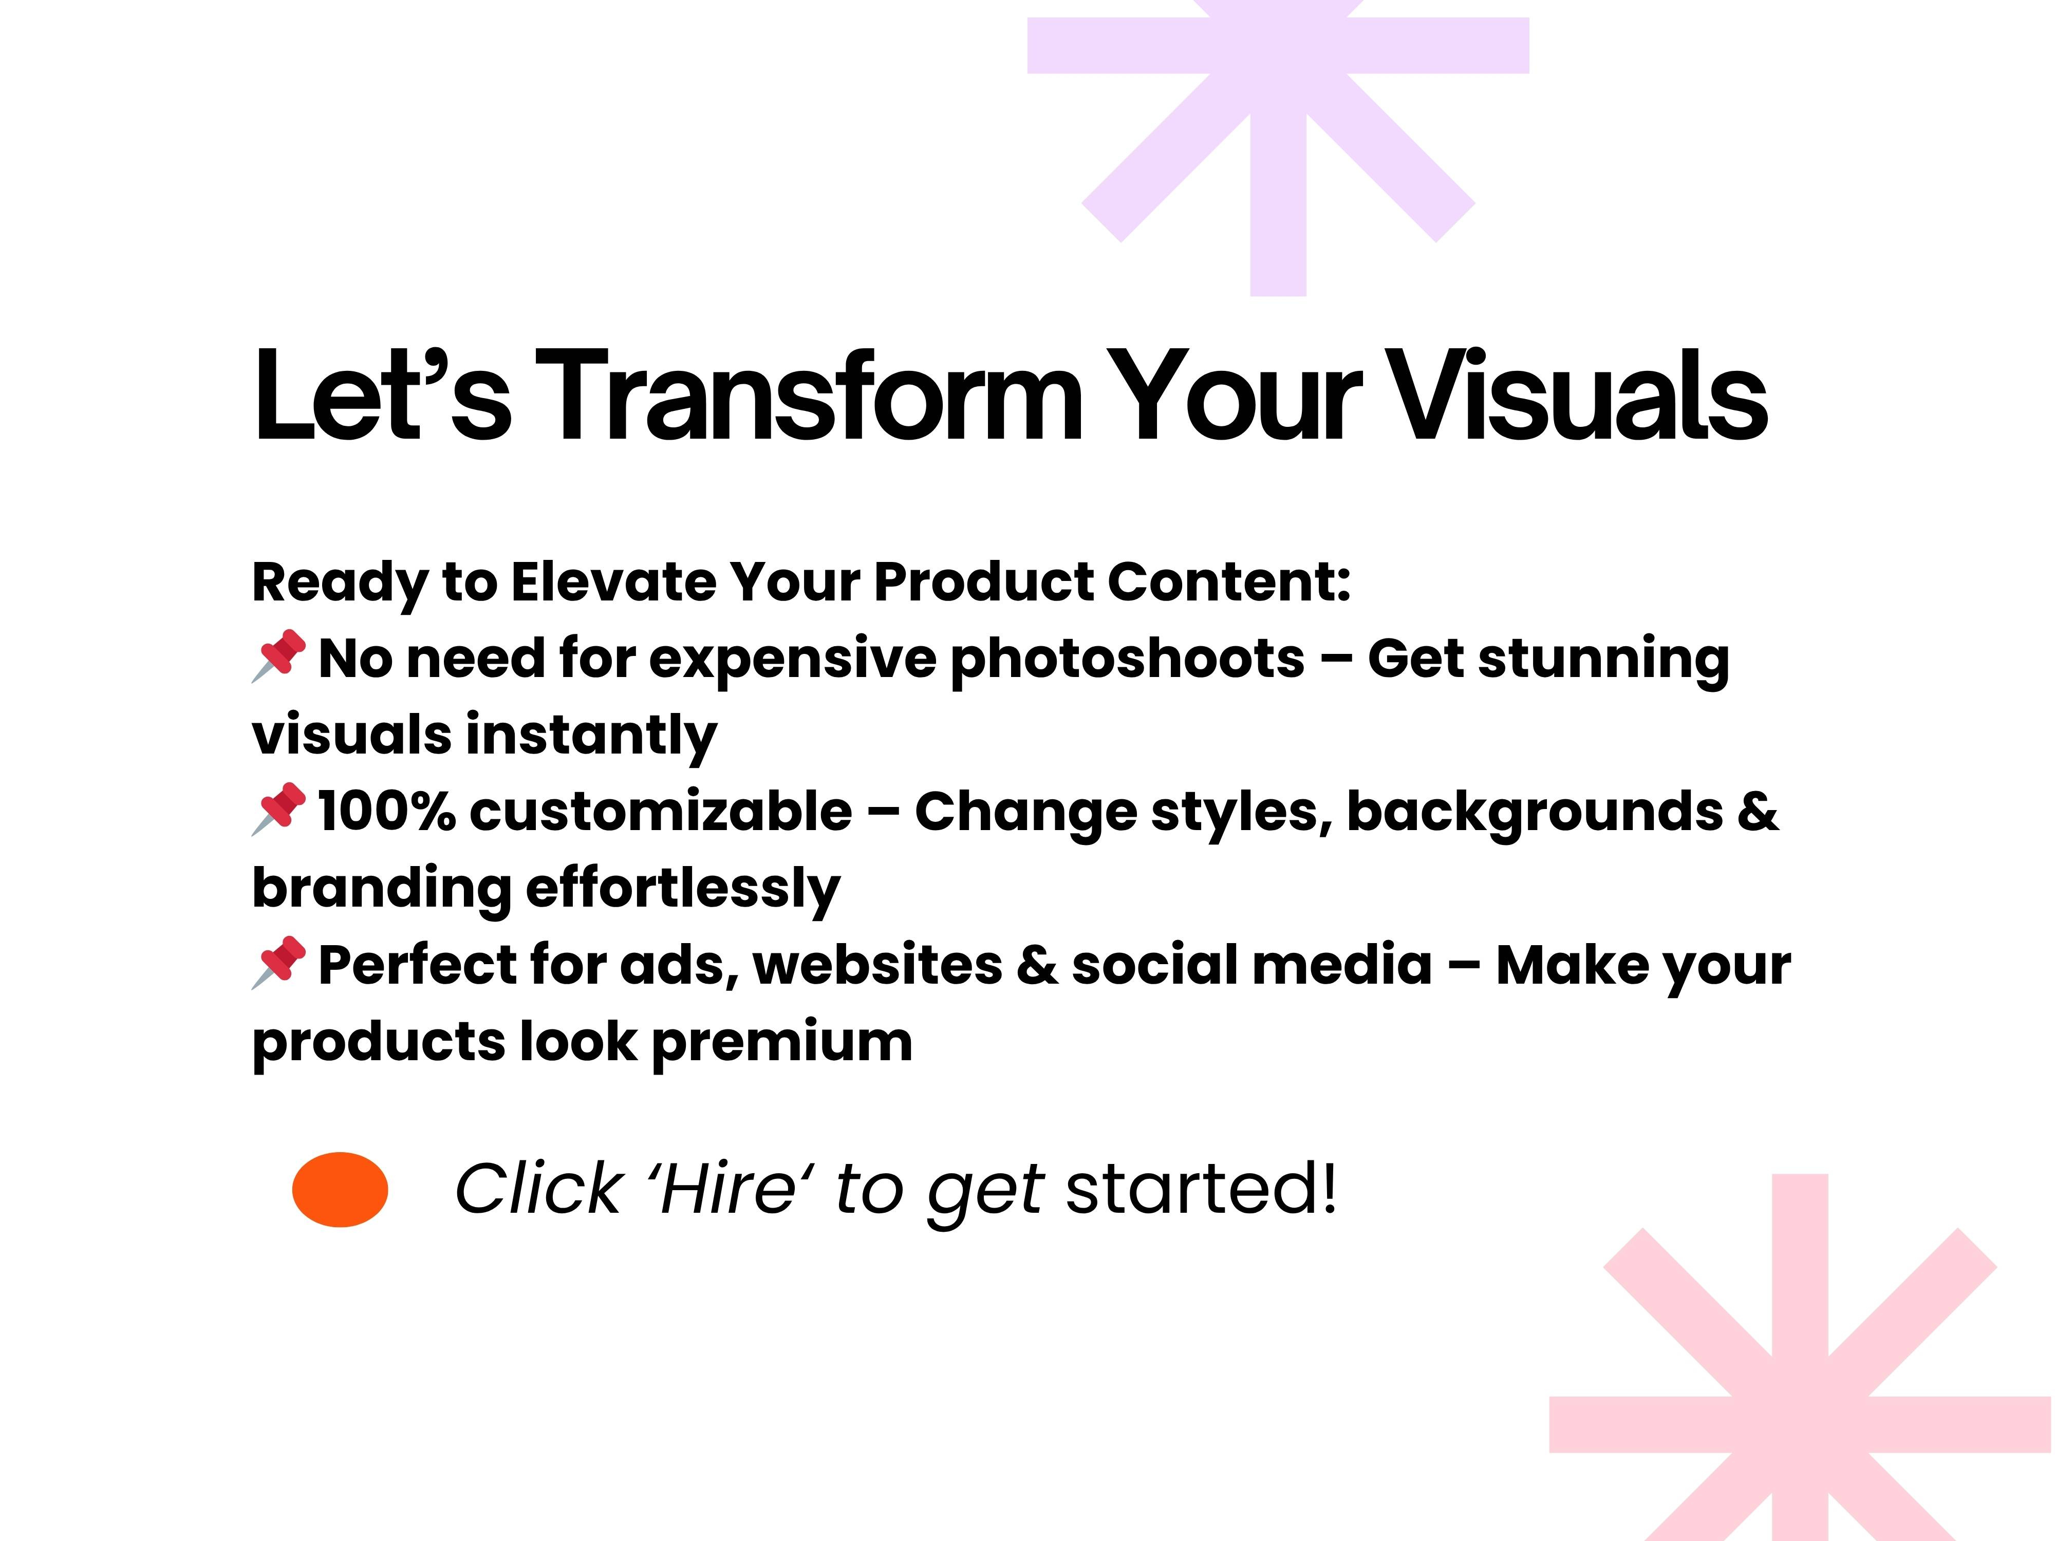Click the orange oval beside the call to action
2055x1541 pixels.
tap(340, 1189)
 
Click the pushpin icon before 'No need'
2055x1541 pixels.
tap(278, 656)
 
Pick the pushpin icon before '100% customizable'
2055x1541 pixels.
tap(278, 809)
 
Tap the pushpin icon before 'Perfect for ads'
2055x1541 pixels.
tap(278, 962)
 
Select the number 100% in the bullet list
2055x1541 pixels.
tap(386, 812)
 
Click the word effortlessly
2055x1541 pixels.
tap(683, 889)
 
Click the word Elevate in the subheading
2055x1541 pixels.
tap(612, 582)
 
